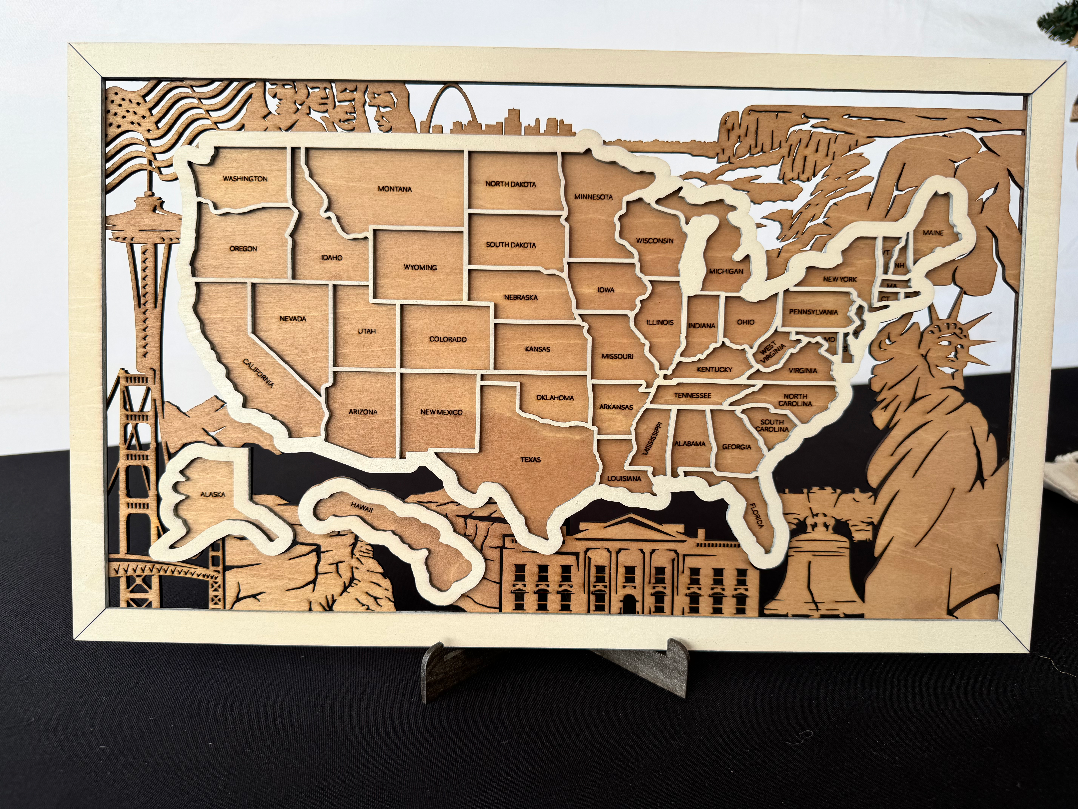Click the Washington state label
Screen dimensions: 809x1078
coord(245,179)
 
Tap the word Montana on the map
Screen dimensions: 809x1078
coord(395,189)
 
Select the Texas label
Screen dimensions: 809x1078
coord(530,459)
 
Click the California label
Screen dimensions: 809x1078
coord(258,373)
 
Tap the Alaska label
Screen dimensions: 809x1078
coord(213,494)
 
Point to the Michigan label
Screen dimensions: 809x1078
coord(726,271)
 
